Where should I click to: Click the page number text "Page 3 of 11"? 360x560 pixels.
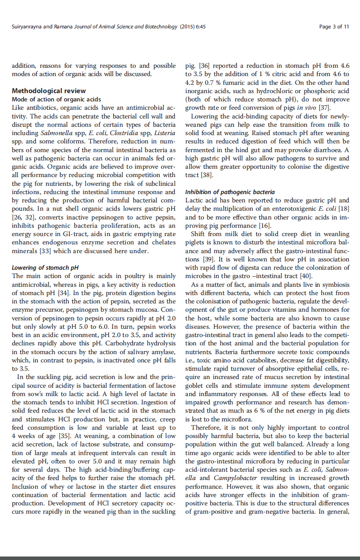(334, 27)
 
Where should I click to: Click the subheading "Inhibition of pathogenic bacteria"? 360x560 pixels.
(230, 192)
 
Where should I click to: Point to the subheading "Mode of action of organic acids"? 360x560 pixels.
(56, 100)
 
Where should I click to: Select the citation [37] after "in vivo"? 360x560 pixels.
(324, 108)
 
